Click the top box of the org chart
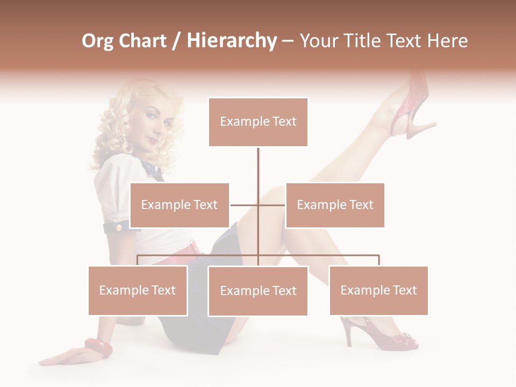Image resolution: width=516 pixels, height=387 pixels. [x=258, y=122]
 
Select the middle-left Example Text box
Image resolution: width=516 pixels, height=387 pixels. [x=180, y=205]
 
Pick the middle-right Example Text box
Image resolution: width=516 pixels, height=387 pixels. [x=335, y=205]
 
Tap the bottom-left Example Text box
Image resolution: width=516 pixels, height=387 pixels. [x=138, y=290]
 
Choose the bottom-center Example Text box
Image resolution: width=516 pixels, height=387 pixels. [x=258, y=291]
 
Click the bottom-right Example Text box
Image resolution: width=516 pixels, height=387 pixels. [x=378, y=290]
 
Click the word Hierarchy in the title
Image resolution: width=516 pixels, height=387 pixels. [x=232, y=41]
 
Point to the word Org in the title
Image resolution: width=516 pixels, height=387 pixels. [x=97, y=41]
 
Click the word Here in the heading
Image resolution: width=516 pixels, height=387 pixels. [x=447, y=41]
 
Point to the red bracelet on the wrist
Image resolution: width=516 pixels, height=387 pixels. [x=98, y=347]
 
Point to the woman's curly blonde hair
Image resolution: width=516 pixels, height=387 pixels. [x=116, y=134]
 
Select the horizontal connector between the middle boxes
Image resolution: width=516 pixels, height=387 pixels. [x=257, y=205]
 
